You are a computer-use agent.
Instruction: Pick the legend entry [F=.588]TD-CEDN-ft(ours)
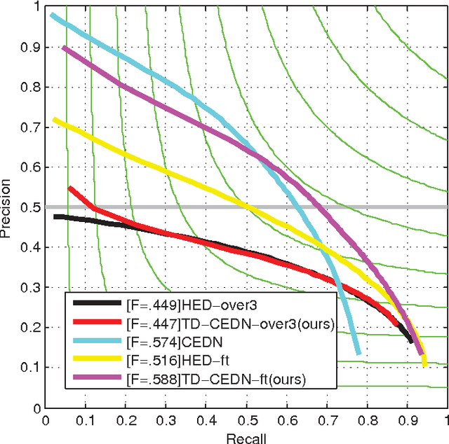pos(216,379)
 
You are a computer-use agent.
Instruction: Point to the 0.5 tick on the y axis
pos(32,207)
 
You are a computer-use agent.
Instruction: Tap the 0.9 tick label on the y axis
pos(32,47)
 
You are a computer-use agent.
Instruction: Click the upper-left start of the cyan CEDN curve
pos(53,15)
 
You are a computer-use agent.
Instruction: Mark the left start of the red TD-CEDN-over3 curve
pos(69,188)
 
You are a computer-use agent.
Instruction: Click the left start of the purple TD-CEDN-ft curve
pos(64,48)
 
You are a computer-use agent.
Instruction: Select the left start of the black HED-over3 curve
pos(55,217)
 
